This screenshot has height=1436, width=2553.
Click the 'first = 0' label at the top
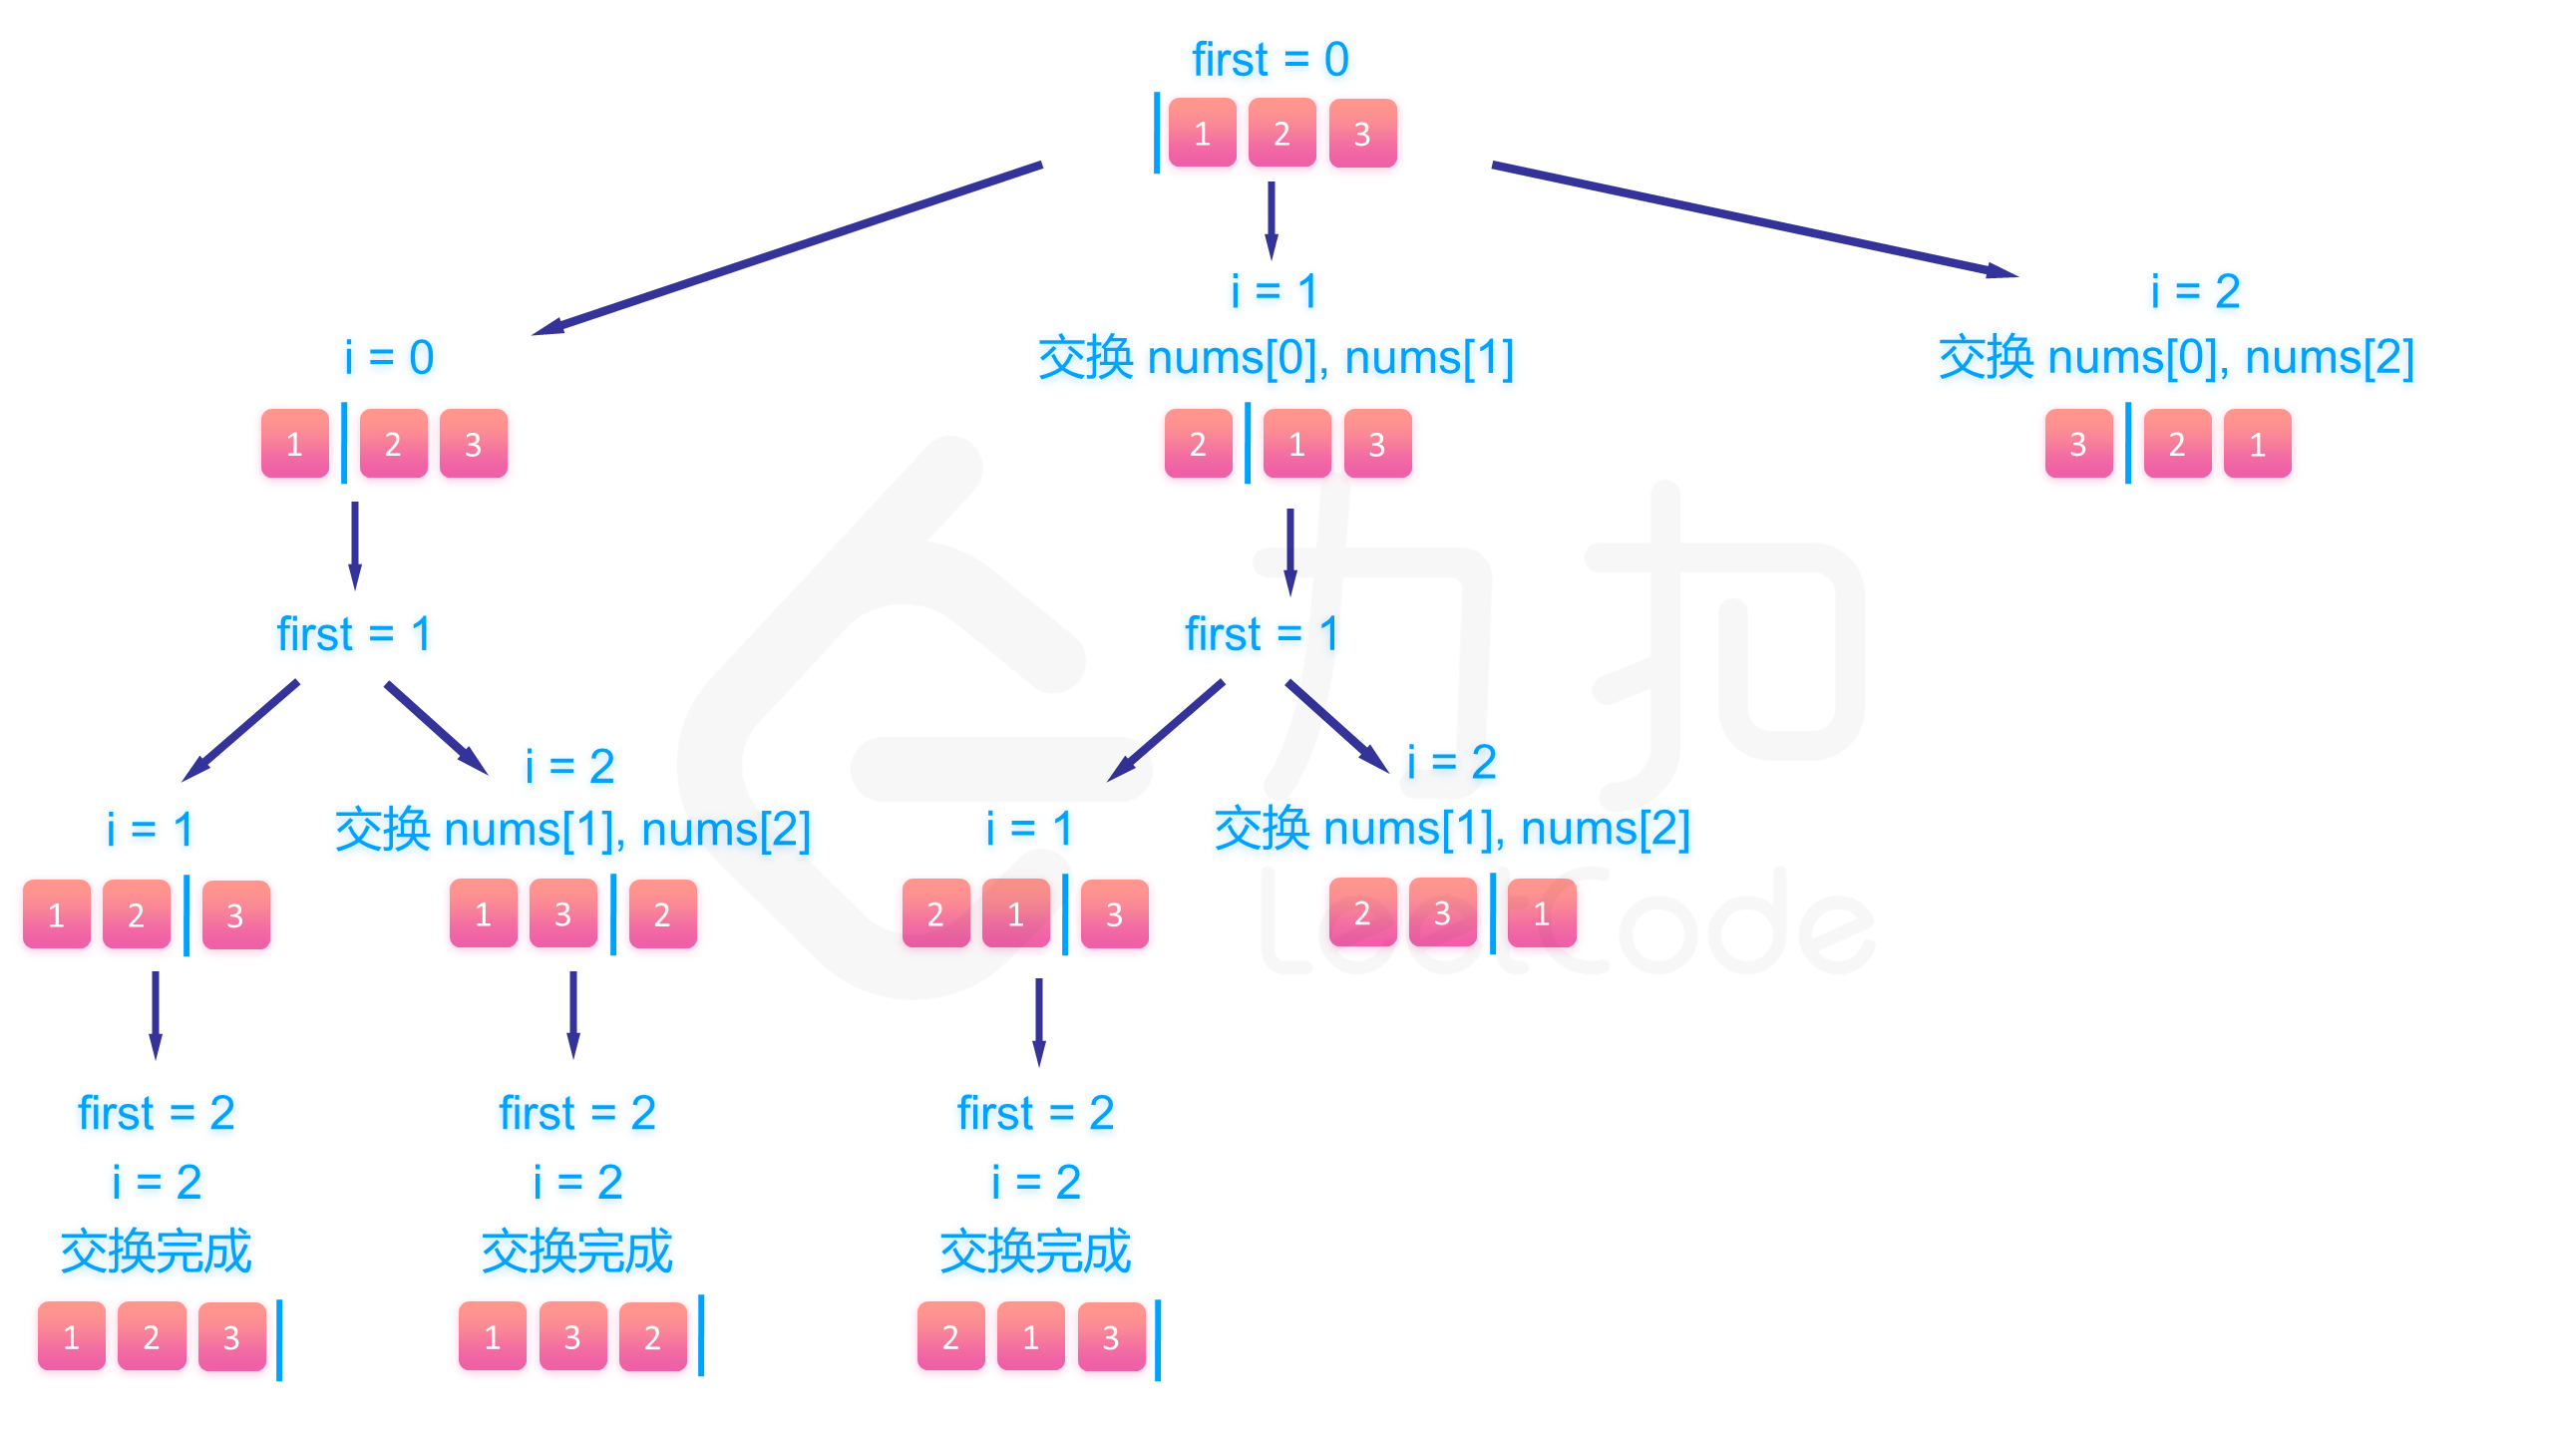[1270, 60]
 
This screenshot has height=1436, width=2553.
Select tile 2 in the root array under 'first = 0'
[1281, 133]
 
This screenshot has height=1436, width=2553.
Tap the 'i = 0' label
[389, 357]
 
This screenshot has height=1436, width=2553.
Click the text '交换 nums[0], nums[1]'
[1276, 357]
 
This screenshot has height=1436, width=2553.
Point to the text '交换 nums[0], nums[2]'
[2176, 357]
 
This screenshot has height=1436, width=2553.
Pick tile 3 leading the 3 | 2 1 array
[2078, 444]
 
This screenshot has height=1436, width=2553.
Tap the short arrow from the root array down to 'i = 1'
[1271, 219]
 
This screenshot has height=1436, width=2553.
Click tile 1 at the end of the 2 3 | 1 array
[1542, 913]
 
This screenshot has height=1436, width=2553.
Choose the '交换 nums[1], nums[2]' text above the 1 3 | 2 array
[572, 830]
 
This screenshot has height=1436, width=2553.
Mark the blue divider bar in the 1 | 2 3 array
[344, 443]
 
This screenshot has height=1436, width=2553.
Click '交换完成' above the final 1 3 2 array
[576, 1252]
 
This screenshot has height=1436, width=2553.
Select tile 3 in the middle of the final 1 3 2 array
[572, 1337]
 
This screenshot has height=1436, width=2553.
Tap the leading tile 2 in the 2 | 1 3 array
[1198, 444]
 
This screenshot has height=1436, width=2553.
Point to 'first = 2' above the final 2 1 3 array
[1035, 1113]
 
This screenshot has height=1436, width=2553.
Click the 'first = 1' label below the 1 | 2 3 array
[354, 634]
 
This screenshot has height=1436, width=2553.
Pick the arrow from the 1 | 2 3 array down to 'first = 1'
[354, 544]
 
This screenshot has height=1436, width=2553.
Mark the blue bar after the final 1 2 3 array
[279, 1339]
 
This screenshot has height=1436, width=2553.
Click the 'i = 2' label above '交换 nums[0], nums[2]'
[2195, 291]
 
